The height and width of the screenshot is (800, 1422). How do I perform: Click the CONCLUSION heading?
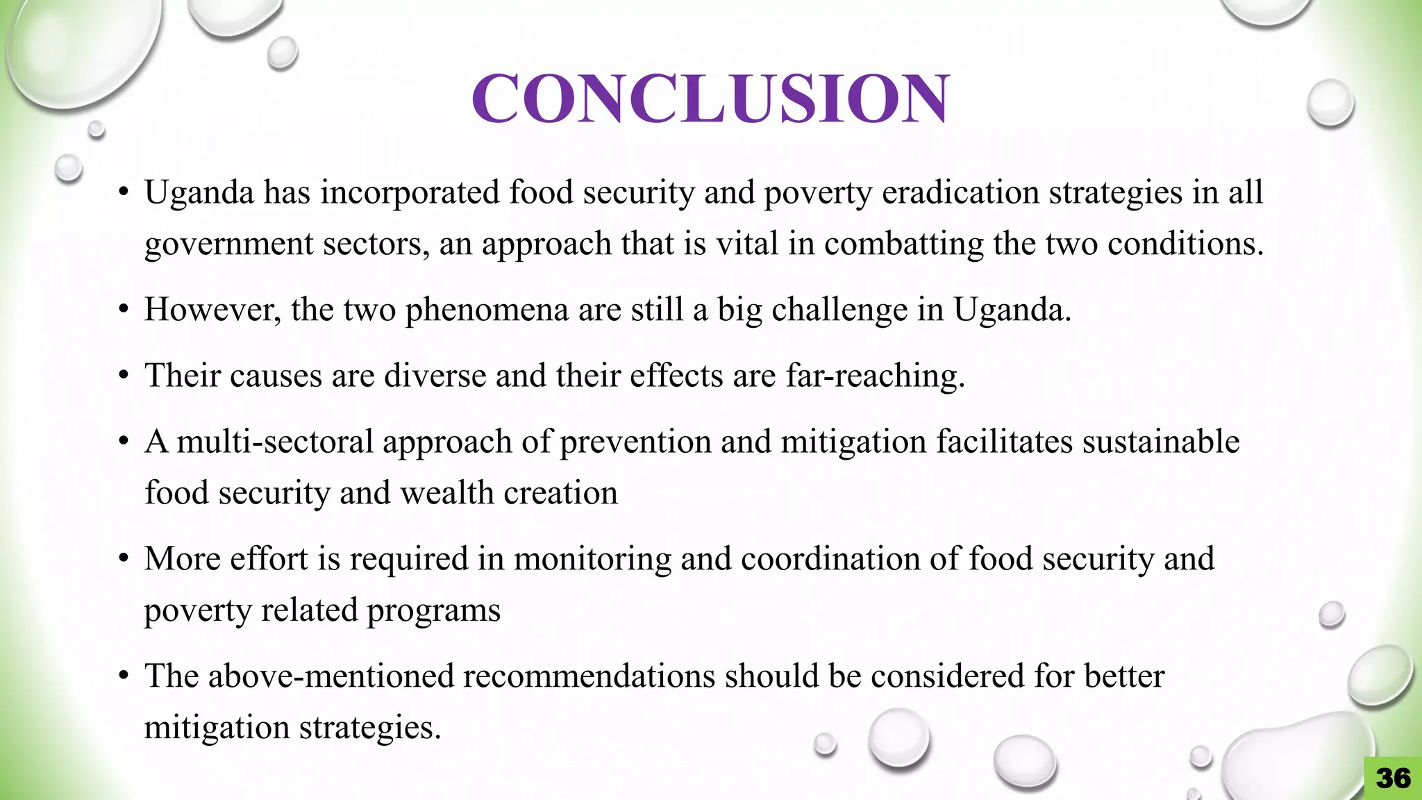point(710,99)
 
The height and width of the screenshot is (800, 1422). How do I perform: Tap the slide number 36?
point(1393,778)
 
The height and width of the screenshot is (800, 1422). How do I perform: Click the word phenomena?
point(487,310)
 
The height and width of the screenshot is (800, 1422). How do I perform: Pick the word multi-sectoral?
point(275,442)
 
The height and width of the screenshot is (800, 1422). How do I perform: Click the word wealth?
point(447,493)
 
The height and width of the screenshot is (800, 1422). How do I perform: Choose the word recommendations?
point(589,676)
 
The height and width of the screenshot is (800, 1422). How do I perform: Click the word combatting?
point(904,244)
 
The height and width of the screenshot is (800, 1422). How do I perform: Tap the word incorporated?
point(410,192)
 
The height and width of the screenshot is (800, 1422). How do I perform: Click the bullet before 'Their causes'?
point(124,376)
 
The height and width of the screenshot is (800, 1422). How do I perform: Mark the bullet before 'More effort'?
point(124,559)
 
